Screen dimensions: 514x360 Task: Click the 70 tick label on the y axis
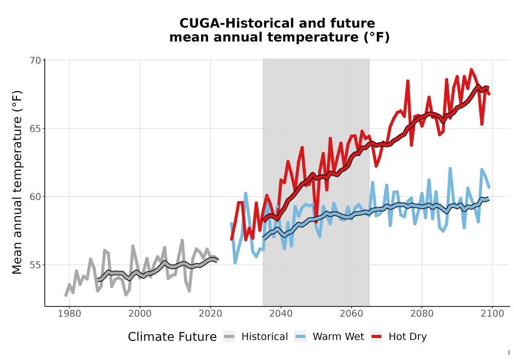[35, 60]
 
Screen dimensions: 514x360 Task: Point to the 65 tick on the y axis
[35, 129]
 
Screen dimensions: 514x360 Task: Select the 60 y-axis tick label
[35, 197]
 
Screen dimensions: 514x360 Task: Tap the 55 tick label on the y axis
[35, 265]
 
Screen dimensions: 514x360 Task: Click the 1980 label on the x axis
[69, 314]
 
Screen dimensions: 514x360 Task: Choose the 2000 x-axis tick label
[140, 314]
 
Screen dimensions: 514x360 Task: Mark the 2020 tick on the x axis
[210, 314]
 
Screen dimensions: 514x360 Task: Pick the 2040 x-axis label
[281, 314]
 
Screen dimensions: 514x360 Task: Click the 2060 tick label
[352, 314]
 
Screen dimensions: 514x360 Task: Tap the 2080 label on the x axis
[422, 314]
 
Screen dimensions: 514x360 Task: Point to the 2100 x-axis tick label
[492, 314]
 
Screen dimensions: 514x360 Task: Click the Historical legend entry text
[265, 337]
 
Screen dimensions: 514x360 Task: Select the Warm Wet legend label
[338, 337]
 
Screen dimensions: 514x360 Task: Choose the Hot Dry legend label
[408, 337]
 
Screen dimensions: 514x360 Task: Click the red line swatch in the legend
[377, 337]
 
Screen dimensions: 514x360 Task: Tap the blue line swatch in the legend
[300, 337]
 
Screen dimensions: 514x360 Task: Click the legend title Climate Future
[172, 337]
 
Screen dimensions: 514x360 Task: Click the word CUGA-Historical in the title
[235, 23]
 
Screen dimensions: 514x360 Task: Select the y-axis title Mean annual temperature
[17, 182]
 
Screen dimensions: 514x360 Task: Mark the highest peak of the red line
[471, 69]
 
